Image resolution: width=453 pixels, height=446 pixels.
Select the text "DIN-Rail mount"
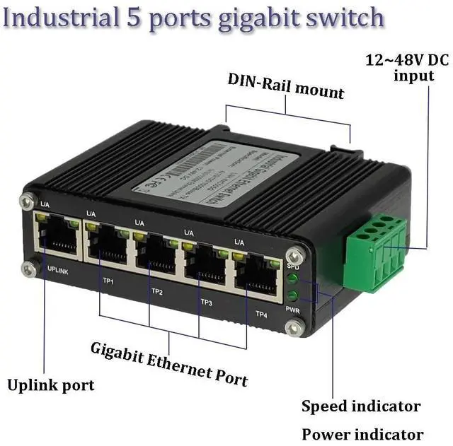[286, 86]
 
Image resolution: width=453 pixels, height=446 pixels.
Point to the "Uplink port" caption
[50, 385]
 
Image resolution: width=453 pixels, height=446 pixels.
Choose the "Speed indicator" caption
[361, 406]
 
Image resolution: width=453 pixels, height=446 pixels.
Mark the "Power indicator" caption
[362, 434]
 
